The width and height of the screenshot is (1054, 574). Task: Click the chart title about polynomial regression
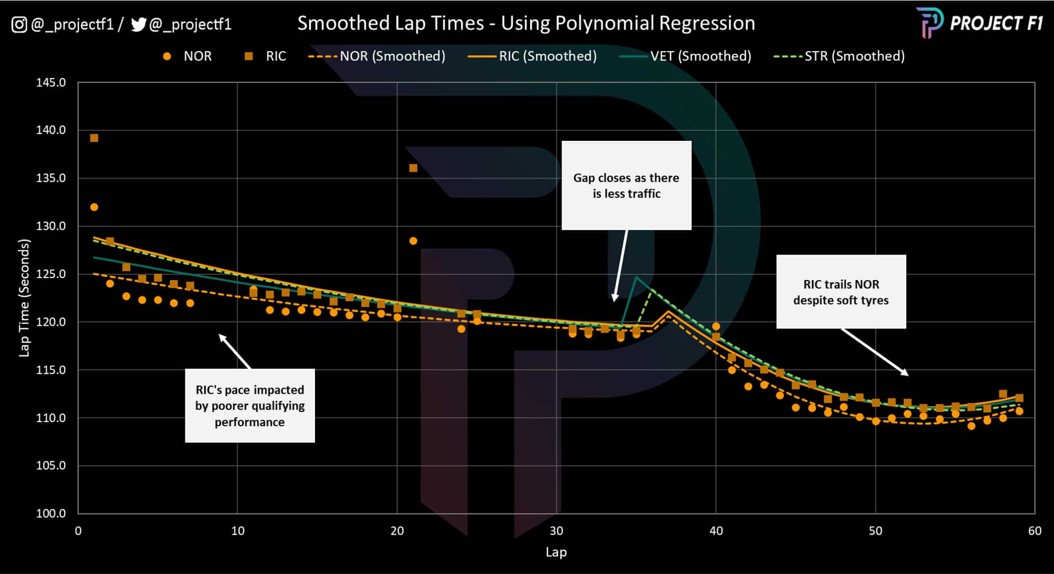[526, 23]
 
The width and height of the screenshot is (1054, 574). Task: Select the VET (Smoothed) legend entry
[685, 56]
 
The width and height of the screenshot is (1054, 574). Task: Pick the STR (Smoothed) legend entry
[839, 56]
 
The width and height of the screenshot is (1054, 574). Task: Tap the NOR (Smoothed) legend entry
[377, 56]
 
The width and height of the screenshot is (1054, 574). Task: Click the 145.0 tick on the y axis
[51, 83]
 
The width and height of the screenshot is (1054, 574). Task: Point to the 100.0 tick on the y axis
[51, 513]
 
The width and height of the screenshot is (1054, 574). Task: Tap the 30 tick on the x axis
[556, 531]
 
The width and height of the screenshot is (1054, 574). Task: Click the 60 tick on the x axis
[1034, 531]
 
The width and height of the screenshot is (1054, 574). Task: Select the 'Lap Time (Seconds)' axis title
[24, 298]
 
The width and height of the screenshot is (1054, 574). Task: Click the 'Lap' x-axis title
[556, 552]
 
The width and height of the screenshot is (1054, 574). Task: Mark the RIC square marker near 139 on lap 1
[94, 138]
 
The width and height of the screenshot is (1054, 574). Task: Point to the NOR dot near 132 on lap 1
[94, 207]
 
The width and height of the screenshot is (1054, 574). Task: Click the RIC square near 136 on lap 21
[413, 168]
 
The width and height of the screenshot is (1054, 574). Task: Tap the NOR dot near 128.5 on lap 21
[413, 241]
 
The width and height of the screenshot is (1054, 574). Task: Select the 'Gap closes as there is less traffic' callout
[626, 185]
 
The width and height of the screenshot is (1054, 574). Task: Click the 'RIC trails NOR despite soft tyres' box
[841, 292]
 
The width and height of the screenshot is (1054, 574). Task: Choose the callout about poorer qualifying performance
[250, 406]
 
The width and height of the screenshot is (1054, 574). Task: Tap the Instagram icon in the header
[19, 24]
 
